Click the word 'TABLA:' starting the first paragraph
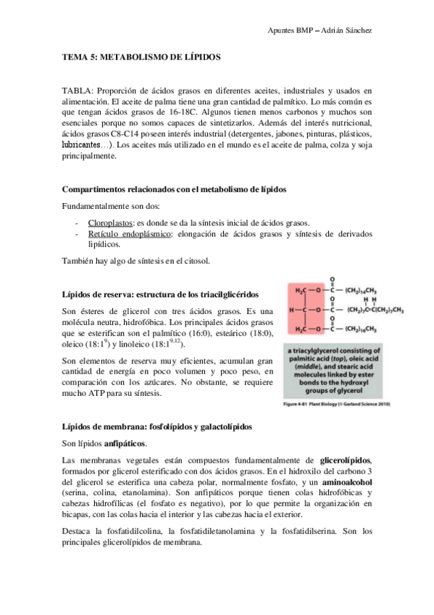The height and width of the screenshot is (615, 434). click(78, 91)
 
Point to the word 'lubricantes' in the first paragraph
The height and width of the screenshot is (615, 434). click(85, 145)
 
